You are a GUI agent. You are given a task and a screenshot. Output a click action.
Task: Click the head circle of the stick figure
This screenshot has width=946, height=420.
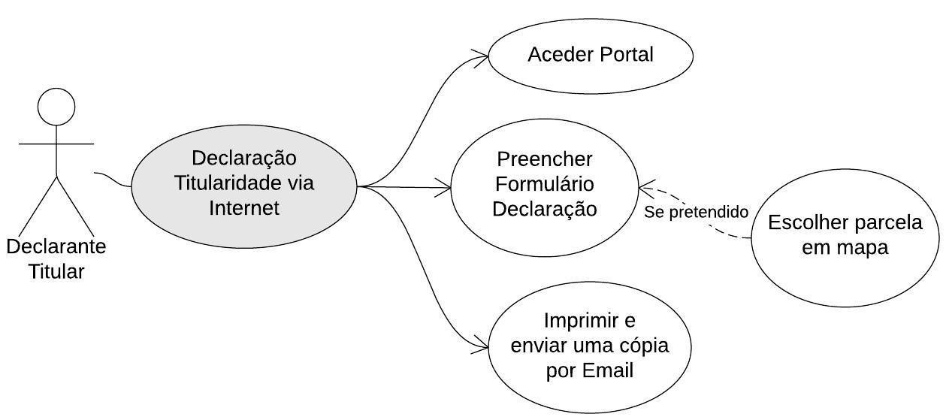(x=56, y=107)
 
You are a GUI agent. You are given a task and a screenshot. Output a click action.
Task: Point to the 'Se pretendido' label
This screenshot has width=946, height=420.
(x=696, y=213)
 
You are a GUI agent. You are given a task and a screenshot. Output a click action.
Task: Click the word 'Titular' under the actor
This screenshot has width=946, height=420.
(x=56, y=271)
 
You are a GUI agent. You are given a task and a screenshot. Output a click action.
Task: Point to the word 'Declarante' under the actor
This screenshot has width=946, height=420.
(x=56, y=246)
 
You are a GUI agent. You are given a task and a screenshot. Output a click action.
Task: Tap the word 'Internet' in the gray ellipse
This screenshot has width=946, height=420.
(x=244, y=207)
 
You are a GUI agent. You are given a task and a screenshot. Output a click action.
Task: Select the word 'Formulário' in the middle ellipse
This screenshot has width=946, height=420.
(x=545, y=184)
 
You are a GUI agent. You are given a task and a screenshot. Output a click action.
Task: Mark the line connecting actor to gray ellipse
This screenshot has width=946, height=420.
(x=113, y=179)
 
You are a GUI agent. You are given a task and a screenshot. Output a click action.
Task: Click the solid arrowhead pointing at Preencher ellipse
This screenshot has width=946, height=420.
(x=444, y=188)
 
